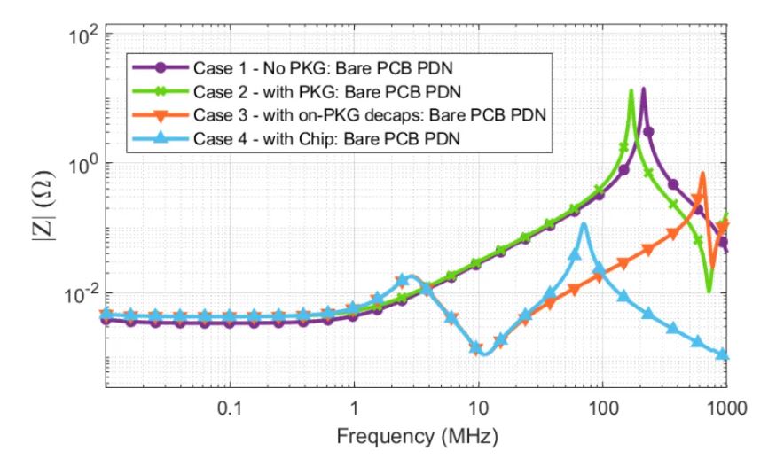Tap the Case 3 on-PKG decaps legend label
(365, 115)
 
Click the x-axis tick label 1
(355, 409)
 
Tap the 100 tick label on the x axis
(602, 409)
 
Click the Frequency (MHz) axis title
(416, 438)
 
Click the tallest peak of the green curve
(631, 90)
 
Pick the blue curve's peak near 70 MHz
(584, 223)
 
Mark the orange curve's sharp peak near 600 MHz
(702, 174)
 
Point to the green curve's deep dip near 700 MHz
(709, 290)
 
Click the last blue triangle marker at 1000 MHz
(723, 355)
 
